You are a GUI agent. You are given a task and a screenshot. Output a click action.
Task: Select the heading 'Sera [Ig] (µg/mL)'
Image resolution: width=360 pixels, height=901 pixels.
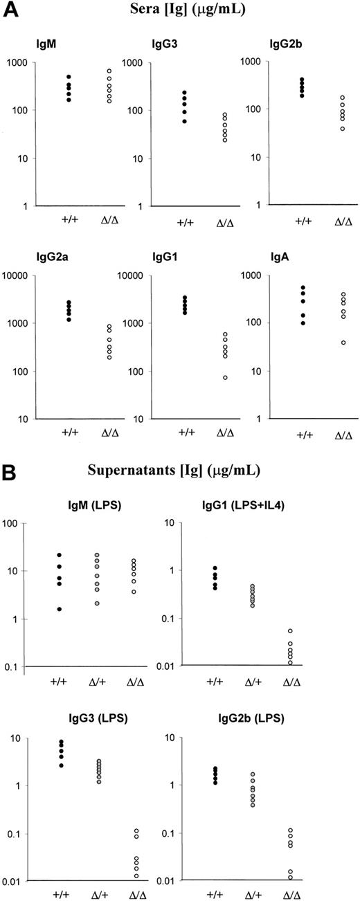coord(180,10)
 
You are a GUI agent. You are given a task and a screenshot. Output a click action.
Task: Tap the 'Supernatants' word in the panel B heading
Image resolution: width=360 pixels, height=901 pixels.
coord(145,477)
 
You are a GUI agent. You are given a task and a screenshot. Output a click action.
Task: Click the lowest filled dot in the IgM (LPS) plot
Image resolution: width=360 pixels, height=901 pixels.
coord(59,610)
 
